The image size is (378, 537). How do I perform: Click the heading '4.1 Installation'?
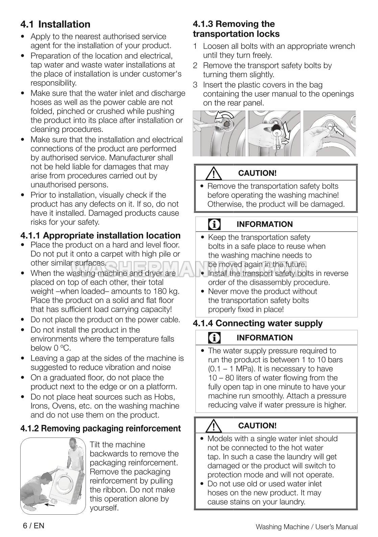[55, 24]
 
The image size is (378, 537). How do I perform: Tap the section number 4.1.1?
[30, 236]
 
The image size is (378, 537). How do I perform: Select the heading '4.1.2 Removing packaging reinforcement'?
[100, 428]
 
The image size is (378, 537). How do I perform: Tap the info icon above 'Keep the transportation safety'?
[214, 224]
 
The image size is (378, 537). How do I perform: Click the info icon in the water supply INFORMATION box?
[214, 338]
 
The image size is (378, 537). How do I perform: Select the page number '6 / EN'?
[33, 525]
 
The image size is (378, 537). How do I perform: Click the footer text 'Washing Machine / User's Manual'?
[306, 527]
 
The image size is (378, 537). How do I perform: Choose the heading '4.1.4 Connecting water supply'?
[258, 323]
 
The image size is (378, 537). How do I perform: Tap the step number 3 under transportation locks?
[195, 85]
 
